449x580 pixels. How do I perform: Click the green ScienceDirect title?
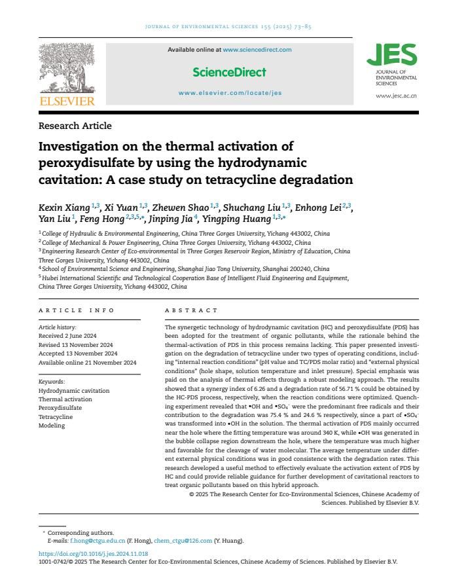[x=229, y=72]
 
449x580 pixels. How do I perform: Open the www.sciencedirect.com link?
[x=257, y=50]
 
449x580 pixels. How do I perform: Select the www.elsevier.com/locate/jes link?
[x=230, y=93]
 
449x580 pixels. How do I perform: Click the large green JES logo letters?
[x=391, y=55]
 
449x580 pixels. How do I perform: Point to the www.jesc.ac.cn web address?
[x=396, y=96]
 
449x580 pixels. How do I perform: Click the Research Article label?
[x=75, y=126]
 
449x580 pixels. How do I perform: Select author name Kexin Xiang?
[x=64, y=208]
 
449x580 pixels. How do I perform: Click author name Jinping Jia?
[x=171, y=219]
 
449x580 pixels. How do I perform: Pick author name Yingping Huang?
[x=238, y=219]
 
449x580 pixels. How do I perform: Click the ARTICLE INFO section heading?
[x=77, y=310]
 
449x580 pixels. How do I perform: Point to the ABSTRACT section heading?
[x=191, y=310]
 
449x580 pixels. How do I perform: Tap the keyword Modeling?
[x=52, y=426]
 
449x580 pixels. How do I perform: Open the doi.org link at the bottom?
[x=93, y=553]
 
